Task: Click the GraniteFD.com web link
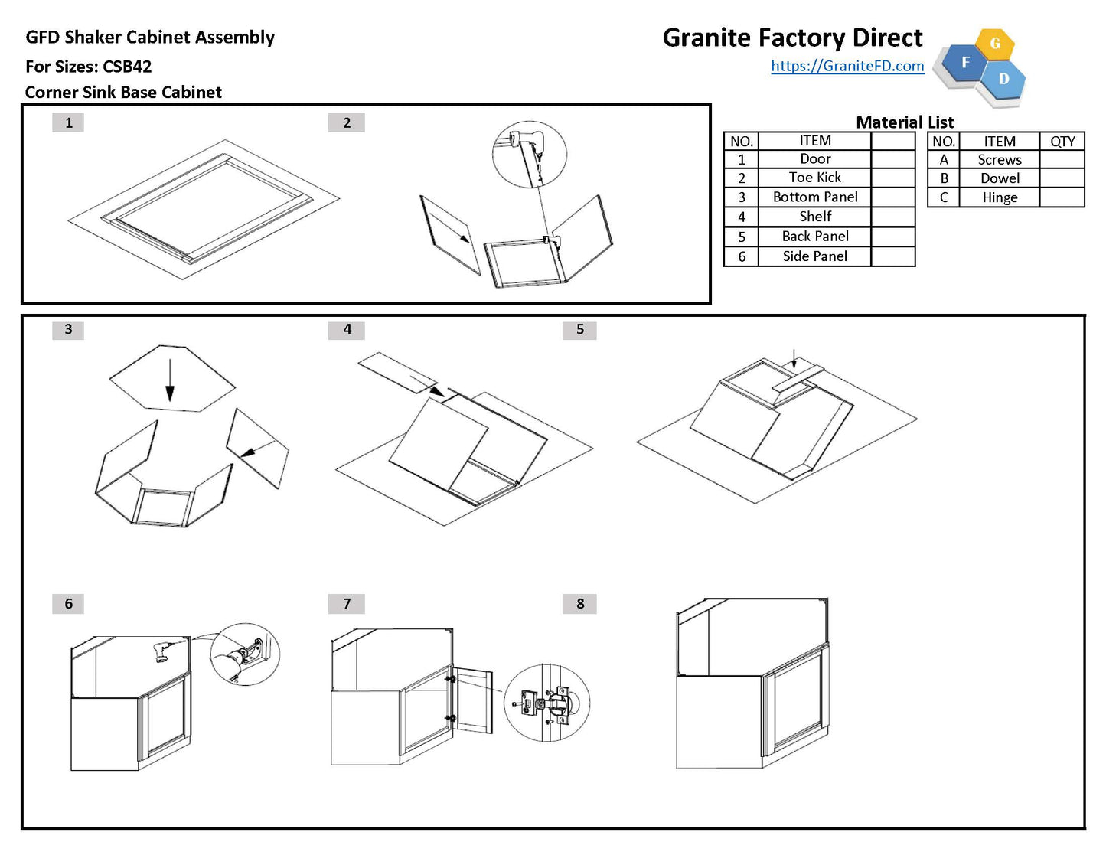pyautogui.click(x=847, y=66)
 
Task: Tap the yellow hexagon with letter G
pyautogui.click(x=995, y=44)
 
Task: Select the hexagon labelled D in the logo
pyautogui.click(x=1003, y=79)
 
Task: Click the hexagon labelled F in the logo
pyautogui.click(x=965, y=62)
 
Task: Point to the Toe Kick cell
pyautogui.click(x=814, y=178)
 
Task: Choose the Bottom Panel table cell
pyautogui.click(x=814, y=197)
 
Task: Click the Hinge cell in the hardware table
pyautogui.click(x=1000, y=197)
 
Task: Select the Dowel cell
pyautogui.click(x=1000, y=178)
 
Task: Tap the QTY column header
pyautogui.click(x=1062, y=142)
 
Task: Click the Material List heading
pyautogui.click(x=904, y=122)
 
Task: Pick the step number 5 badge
pyautogui.click(x=580, y=329)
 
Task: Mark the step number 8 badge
pyautogui.click(x=580, y=604)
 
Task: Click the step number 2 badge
pyautogui.click(x=347, y=122)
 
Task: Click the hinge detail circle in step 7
pyautogui.click(x=546, y=703)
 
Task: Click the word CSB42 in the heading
pyautogui.click(x=127, y=67)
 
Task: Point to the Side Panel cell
pyautogui.click(x=814, y=256)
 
